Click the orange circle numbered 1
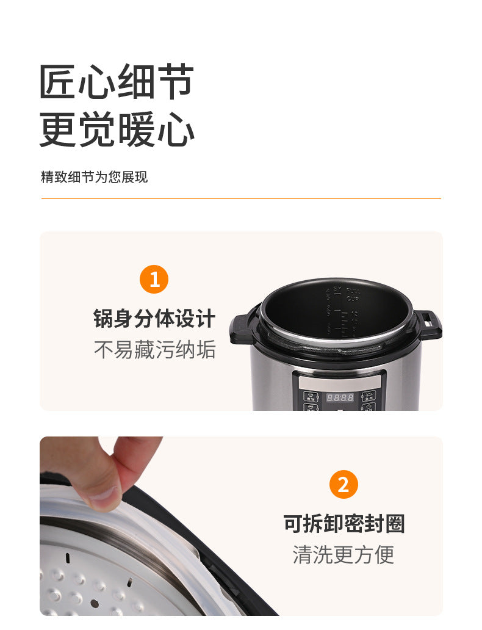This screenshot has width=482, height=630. [x=154, y=280]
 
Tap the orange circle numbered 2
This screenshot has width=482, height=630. [x=344, y=485]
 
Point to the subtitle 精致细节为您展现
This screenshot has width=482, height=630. [x=94, y=178]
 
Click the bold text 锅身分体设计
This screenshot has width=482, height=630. [x=154, y=319]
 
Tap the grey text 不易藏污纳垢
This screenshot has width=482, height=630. [x=154, y=350]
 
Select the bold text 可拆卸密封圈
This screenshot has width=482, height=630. [x=344, y=524]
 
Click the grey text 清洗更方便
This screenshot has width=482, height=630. [x=344, y=554]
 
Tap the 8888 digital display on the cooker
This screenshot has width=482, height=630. [x=339, y=397]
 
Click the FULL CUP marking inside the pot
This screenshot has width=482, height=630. [x=353, y=295]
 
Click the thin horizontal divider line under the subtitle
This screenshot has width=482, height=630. [x=241, y=198]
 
